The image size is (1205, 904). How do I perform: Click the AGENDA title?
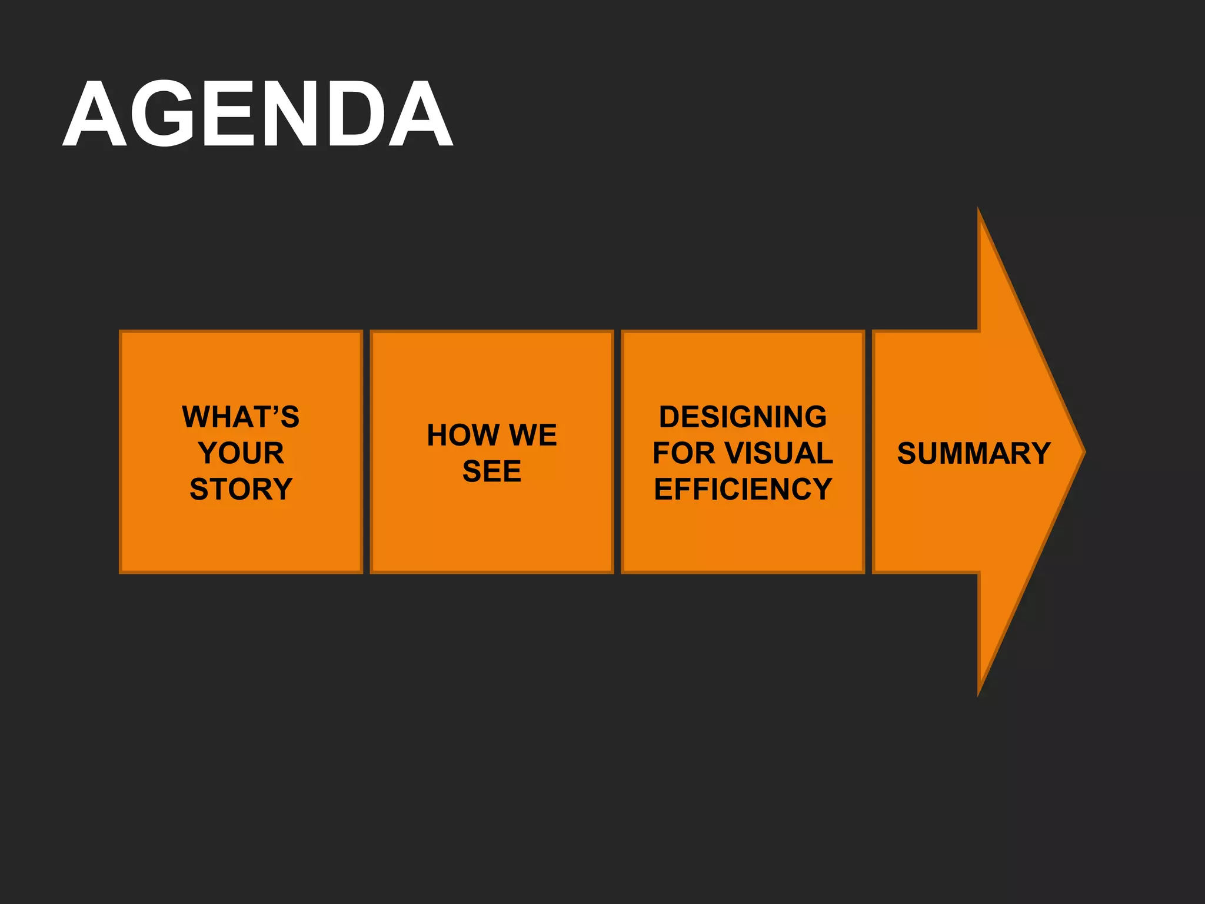(258, 114)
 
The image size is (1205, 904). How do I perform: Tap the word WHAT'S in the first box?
(241, 417)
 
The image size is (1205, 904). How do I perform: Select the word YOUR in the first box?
(241, 453)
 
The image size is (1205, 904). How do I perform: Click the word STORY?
(241, 489)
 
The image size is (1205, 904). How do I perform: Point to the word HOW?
(463, 435)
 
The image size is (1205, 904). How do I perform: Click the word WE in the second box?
(533, 435)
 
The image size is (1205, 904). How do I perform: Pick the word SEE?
(492, 471)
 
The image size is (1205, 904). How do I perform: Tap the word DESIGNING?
(743, 417)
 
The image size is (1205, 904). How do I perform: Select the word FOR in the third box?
(683, 453)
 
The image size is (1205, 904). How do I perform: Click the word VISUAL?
(779, 453)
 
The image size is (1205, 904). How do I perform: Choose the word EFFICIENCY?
(743, 489)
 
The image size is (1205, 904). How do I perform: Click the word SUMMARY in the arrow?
(974, 453)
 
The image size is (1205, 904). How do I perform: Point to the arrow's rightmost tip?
(1084, 452)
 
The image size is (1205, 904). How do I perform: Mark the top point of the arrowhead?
(978, 210)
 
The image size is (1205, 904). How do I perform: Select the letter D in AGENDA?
(350, 114)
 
